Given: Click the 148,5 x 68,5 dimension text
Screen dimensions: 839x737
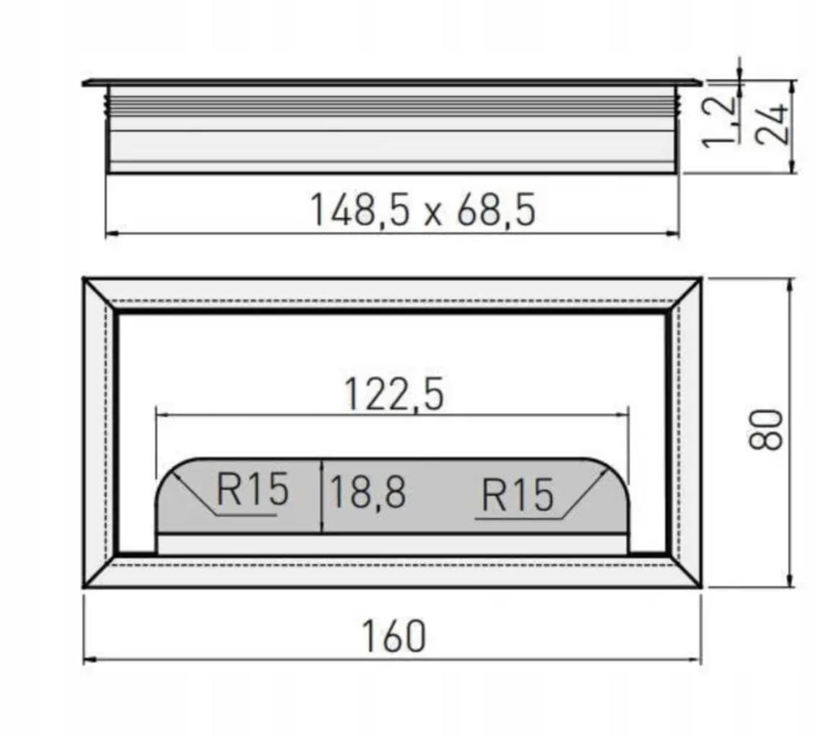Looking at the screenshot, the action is click(422, 210).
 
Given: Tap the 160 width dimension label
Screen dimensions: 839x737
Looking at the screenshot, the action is click(394, 637).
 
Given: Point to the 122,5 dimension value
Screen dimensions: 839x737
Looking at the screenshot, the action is click(394, 395).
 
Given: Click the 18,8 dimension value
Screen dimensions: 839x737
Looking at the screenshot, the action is click(368, 492).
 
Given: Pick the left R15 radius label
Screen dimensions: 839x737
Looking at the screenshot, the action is click(252, 489).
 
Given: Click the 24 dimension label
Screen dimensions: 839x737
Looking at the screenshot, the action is click(772, 124).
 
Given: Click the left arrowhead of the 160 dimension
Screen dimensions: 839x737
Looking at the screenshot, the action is click(89, 660).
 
